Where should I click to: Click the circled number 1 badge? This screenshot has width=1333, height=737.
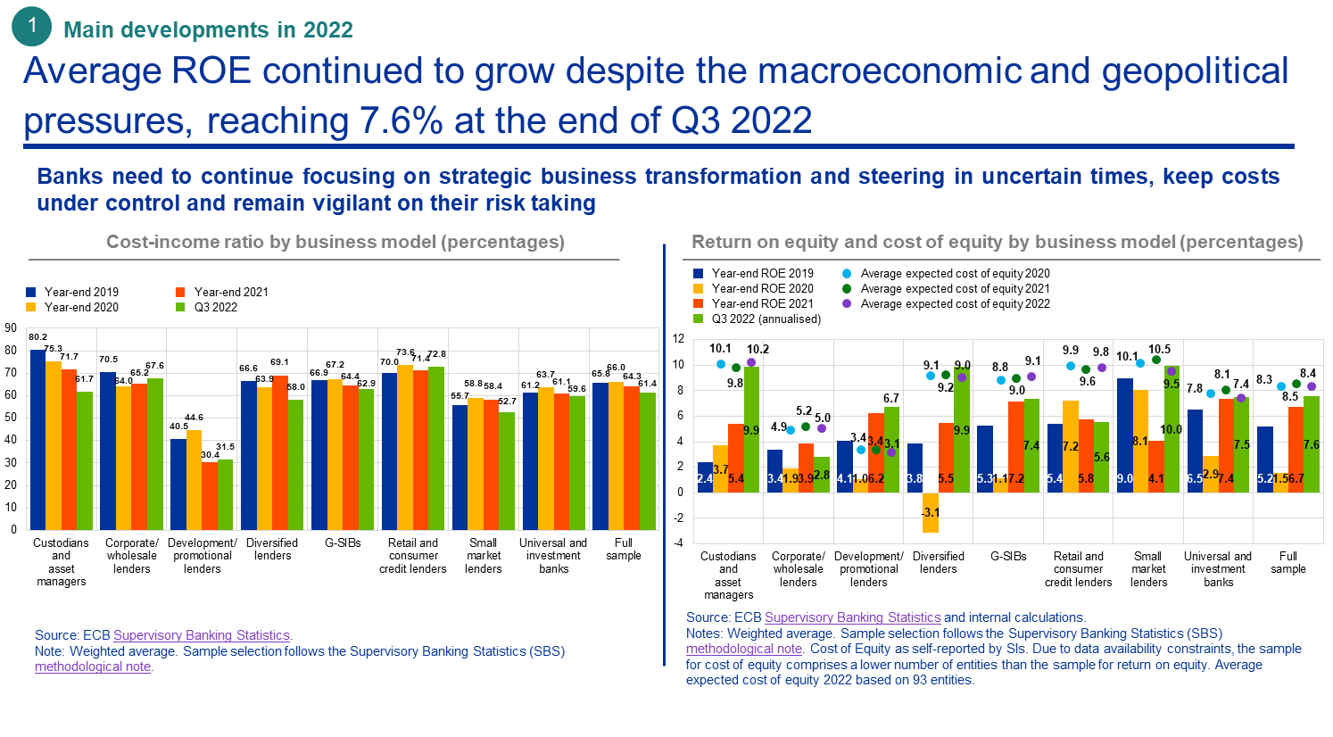31,26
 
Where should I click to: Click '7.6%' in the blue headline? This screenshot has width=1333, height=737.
401,120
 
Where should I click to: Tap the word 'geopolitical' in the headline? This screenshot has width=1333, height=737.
1195,71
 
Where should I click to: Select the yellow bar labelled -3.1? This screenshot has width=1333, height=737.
930,512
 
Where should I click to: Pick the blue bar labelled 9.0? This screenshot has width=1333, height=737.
1124,434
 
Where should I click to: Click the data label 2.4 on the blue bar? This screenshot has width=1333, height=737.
704,479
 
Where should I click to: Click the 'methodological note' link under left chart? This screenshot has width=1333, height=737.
93,667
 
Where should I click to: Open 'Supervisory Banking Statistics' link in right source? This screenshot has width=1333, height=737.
852,617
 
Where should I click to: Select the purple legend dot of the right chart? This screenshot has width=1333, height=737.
847,303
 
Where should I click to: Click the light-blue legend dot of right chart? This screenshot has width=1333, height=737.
847,273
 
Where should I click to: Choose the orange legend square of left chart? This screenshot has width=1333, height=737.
180,292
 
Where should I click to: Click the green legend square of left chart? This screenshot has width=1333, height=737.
180,307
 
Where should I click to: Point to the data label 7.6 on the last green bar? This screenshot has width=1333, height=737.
1311,444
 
